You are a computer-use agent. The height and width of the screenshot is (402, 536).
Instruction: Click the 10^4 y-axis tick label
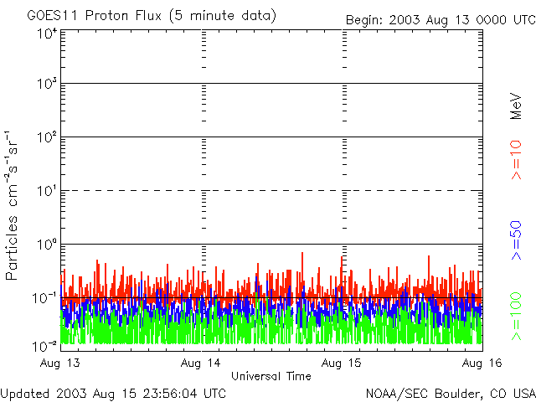(x=47, y=33)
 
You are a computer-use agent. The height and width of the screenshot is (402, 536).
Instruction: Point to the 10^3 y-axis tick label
(x=47, y=85)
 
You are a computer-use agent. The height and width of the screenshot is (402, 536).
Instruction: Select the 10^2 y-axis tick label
(x=47, y=138)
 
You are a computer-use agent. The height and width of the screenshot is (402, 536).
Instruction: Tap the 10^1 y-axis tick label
(x=47, y=192)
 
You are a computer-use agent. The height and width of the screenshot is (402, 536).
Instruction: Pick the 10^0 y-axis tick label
(x=47, y=245)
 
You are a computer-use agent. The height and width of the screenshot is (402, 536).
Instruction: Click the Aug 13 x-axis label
(x=59, y=363)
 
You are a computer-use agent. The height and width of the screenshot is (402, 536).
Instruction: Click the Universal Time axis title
(x=271, y=376)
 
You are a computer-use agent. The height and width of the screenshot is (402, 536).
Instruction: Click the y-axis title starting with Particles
(x=13, y=204)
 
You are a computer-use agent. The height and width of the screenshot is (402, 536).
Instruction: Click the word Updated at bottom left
(x=24, y=393)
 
